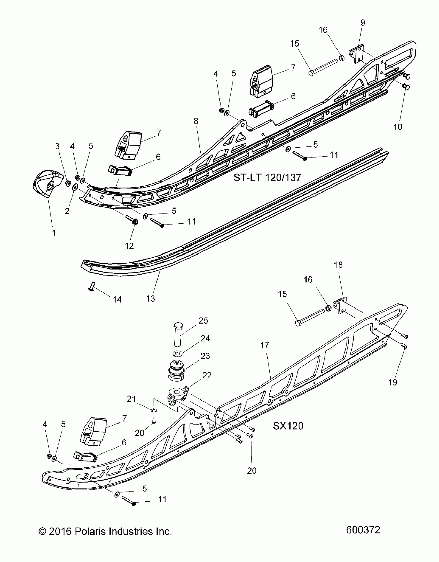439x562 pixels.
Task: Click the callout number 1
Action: click(54, 233)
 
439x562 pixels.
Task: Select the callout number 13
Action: click(151, 298)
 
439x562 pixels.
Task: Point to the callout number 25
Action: click(203, 321)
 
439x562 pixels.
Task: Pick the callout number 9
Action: click(363, 23)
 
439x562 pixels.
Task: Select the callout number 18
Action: click(338, 265)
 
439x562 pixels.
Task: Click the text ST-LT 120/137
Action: click(267, 178)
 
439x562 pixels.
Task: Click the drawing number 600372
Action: click(363, 530)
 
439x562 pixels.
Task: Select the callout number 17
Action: click(265, 345)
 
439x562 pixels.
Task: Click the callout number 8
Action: click(196, 121)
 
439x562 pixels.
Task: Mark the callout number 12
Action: click(129, 245)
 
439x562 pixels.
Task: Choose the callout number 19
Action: click(393, 382)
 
